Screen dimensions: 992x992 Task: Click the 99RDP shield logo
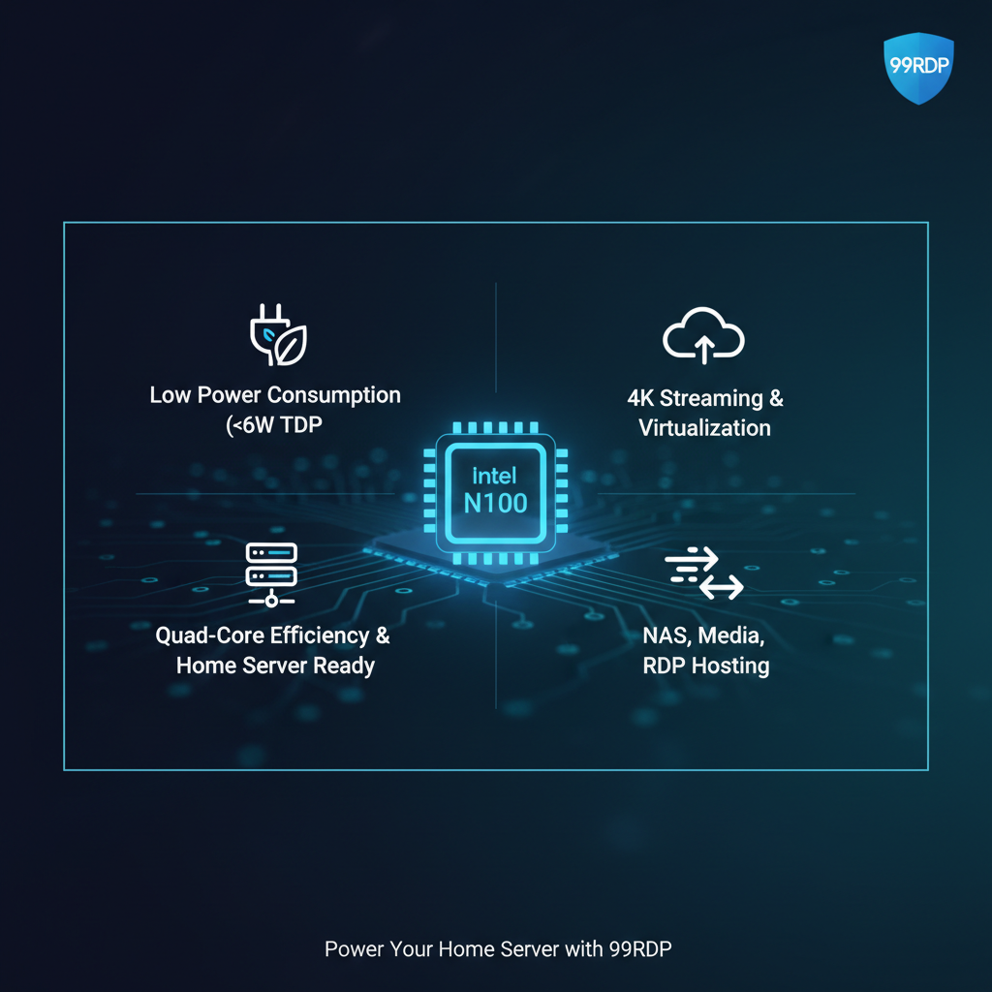click(919, 68)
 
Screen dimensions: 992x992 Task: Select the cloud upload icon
click(703, 338)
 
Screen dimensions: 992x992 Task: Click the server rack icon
click(272, 573)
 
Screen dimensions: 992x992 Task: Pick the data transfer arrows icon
click(704, 573)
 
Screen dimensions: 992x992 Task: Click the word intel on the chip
click(494, 475)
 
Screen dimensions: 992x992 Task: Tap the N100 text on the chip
click(495, 503)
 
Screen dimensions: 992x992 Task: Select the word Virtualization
click(704, 427)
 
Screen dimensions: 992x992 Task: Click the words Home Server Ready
click(274, 666)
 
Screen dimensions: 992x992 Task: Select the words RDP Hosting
click(705, 666)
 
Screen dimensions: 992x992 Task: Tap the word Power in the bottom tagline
click(351, 948)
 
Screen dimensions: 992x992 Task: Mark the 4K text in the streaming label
click(641, 398)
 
